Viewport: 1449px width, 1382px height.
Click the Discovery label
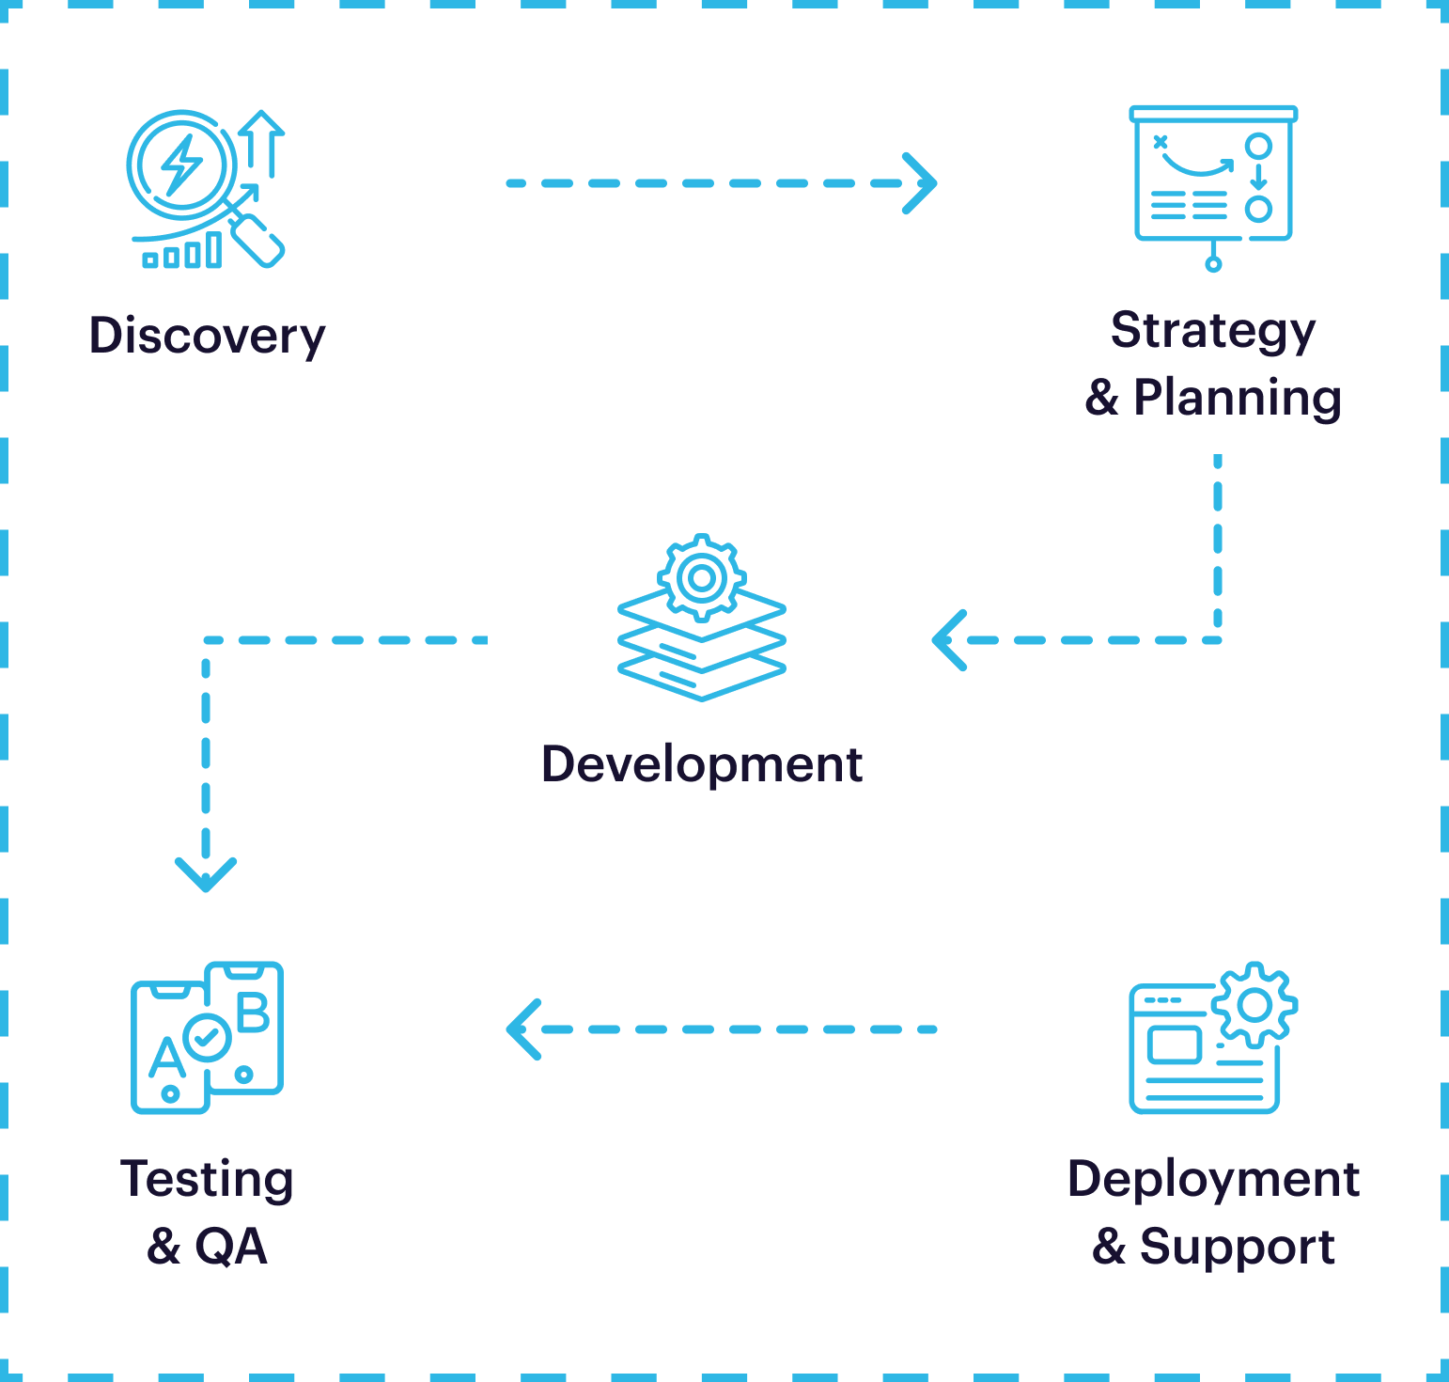point(207,336)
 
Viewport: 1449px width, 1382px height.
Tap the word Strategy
point(1212,332)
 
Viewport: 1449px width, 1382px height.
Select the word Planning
point(1237,398)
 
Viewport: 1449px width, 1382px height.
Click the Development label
point(701,764)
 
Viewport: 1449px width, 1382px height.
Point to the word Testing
point(207,1179)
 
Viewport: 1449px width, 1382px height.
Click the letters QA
point(231,1247)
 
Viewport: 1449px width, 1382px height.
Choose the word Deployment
point(1213,1179)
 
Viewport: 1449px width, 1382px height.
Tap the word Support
point(1237,1248)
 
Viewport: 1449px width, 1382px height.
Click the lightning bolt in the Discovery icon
point(180,165)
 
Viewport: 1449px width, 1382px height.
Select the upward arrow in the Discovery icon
point(262,141)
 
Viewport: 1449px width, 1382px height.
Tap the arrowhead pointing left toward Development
point(950,640)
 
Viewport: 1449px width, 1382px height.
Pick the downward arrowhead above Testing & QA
point(206,874)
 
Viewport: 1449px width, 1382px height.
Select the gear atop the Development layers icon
point(701,577)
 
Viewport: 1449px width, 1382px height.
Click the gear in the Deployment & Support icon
point(1254,1005)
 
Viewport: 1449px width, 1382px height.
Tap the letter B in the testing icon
point(253,1013)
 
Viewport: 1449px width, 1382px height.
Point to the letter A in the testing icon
point(167,1058)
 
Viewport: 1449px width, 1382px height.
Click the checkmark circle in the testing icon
point(208,1038)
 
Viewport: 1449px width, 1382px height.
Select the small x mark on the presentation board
point(1161,142)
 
